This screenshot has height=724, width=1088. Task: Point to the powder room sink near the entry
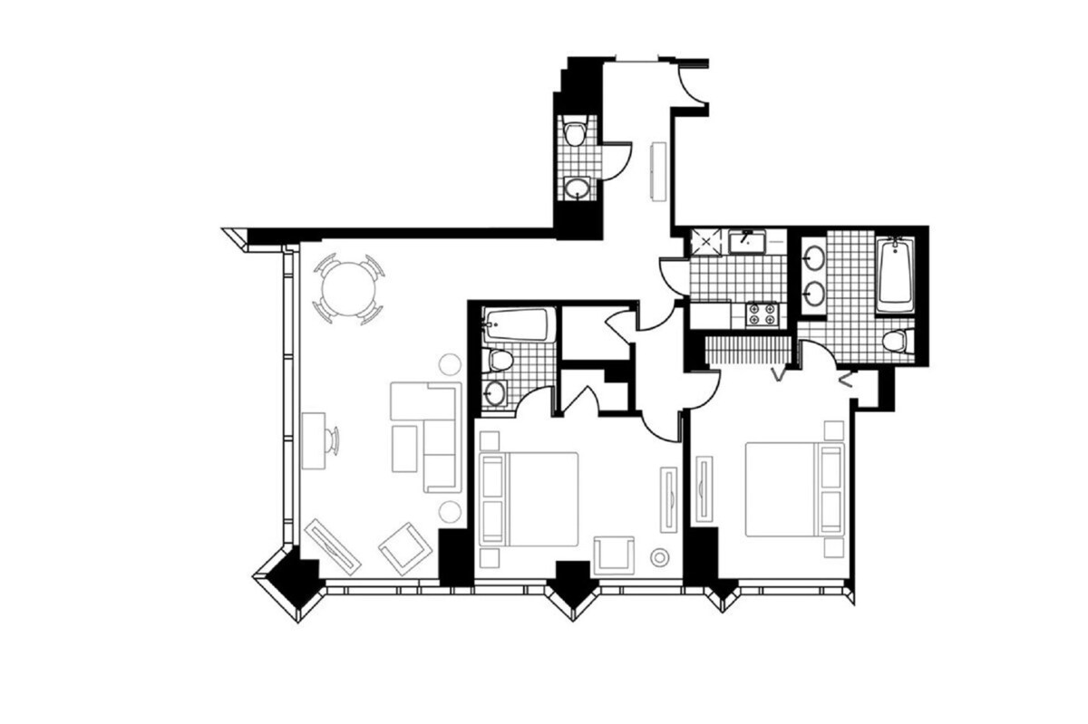(x=575, y=188)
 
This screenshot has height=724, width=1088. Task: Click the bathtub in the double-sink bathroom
(x=895, y=273)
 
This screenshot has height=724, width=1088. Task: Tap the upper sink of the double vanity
(x=814, y=256)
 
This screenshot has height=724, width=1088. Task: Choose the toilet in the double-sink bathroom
(x=896, y=341)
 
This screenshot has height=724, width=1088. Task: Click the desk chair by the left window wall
(x=332, y=440)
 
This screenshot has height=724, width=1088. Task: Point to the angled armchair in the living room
(x=404, y=546)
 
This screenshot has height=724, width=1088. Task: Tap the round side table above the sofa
(x=450, y=365)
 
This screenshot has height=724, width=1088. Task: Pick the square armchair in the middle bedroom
(x=616, y=555)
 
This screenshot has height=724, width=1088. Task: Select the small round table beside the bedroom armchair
(x=660, y=556)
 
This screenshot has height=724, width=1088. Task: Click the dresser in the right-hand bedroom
(x=703, y=488)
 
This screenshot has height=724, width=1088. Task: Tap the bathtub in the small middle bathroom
(x=517, y=324)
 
